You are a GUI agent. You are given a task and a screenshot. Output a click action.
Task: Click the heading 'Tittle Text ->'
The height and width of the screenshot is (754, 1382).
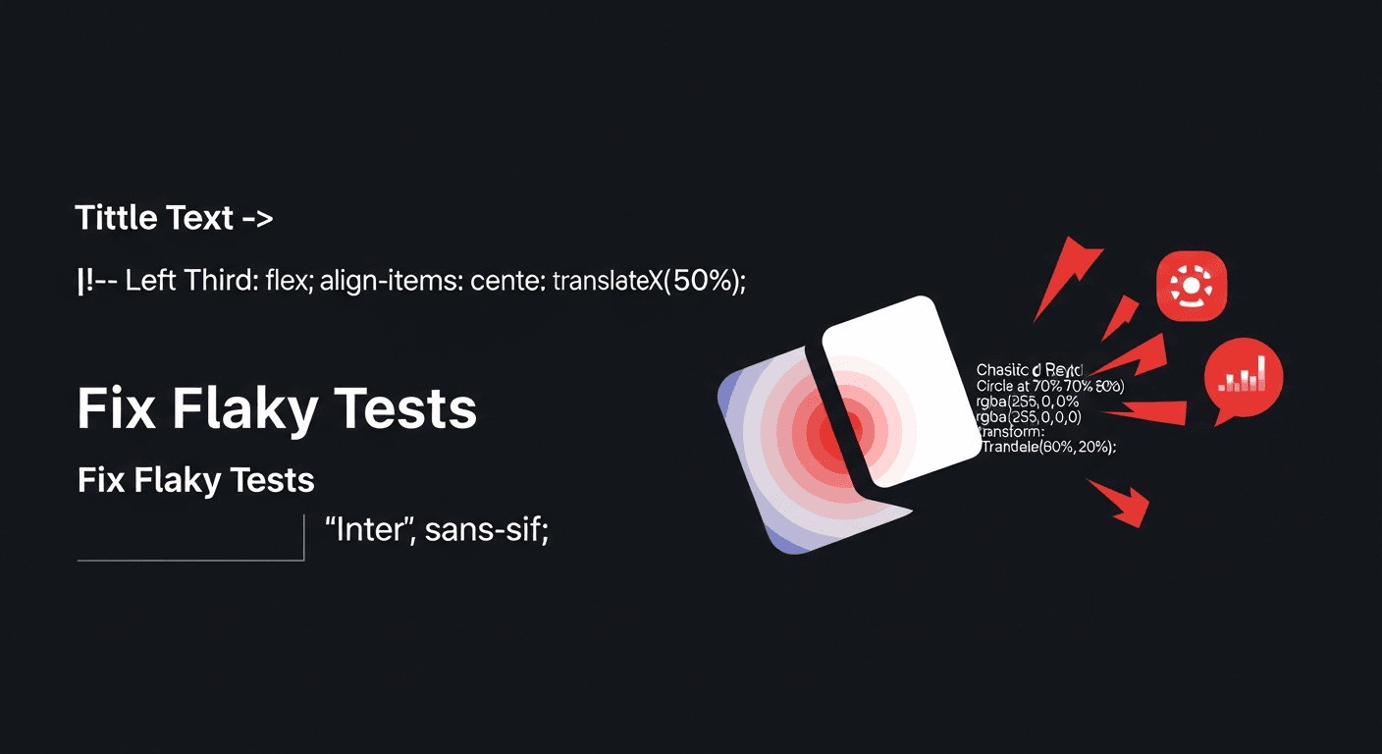pyautogui.click(x=174, y=218)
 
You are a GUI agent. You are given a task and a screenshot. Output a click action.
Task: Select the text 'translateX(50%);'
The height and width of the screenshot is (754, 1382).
pyautogui.click(x=649, y=281)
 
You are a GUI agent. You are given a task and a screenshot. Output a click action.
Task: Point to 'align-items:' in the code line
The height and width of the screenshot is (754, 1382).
pyautogui.click(x=378, y=281)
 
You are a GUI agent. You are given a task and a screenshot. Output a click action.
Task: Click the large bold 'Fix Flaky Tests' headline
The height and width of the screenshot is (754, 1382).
pyautogui.click(x=277, y=410)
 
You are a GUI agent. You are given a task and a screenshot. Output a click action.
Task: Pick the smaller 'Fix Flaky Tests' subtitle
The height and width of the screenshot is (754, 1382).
pyautogui.click(x=195, y=480)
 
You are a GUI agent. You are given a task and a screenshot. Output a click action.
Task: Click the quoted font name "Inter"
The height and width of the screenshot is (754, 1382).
pyautogui.click(x=372, y=530)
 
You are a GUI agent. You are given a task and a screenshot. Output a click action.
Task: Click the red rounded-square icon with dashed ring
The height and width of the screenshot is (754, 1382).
pyautogui.click(x=1192, y=286)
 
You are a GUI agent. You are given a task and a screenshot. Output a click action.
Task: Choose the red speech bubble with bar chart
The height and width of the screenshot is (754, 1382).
pyautogui.click(x=1242, y=378)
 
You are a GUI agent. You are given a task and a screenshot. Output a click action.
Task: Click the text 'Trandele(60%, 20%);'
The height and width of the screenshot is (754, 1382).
pyautogui.click(x=1049, y=446)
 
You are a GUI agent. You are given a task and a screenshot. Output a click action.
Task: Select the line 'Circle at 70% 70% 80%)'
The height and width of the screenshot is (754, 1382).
pyautogui.click(x=1049, y=386)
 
